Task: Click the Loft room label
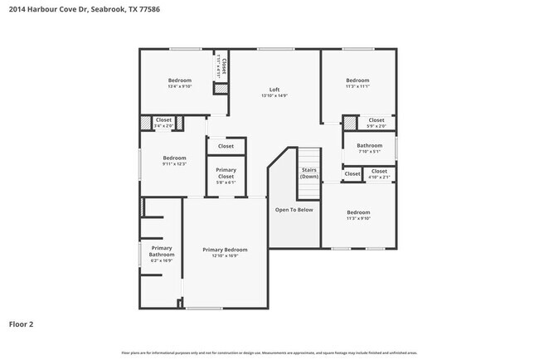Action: click(274, 90)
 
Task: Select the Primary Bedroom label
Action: click(225, 250)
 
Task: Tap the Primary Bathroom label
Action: click(162, 251)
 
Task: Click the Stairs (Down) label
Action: click(309, 173)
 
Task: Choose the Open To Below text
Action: click(294, 210)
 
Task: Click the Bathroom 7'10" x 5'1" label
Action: click(369, 146)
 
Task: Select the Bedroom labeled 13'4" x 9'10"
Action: click(179, 80)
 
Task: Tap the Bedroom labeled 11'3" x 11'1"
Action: click(358, 80)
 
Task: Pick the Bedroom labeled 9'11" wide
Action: click(174, 158)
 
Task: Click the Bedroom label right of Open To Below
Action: click(358, 212)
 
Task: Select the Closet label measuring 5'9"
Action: click(376, 120)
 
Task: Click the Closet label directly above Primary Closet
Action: click(226, 146)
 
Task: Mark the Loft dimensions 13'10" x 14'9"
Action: click(274, 95)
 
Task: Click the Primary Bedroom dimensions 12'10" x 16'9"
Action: click(225, 255)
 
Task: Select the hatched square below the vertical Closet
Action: click(221, 88)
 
